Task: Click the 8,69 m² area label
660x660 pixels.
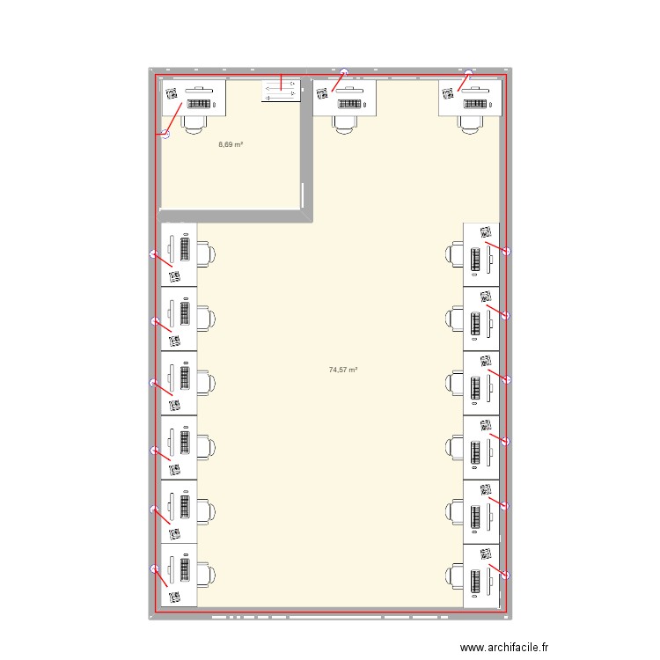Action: (231, 144)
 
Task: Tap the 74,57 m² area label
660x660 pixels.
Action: (343, 370)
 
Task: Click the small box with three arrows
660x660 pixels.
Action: (281, 92)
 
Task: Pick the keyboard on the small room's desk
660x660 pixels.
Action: (200, 104)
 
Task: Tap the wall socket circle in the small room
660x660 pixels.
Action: (165, 134)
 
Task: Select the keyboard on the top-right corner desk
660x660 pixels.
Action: (474, 104)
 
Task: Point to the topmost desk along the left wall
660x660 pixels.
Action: (179, 254)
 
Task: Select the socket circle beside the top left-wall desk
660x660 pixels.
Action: (155, 255)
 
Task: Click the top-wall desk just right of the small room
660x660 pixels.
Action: (345, 97)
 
